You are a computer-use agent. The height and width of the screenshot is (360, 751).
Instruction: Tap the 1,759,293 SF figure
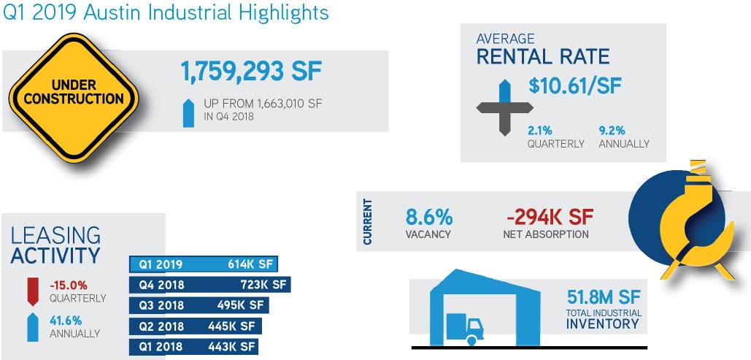click(251, 73)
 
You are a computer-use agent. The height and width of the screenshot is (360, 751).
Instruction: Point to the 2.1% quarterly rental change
click(540, 130)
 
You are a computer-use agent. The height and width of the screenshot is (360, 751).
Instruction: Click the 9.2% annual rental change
click(612, 130)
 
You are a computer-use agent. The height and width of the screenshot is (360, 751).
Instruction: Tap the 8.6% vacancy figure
click(429, 218)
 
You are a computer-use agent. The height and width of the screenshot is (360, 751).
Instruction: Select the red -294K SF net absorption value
click(549, 218)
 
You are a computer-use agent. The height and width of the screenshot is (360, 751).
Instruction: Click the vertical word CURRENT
click(367, 221)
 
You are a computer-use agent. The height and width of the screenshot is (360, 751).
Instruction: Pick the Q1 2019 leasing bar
click(204, 264)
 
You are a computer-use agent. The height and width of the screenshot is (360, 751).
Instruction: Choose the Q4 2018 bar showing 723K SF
click(209, 285)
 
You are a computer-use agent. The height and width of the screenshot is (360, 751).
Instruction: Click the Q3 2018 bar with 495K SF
click(198, 305)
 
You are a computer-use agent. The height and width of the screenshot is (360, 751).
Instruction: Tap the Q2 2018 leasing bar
click(194, 326)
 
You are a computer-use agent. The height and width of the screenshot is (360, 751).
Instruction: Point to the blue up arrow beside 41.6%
click(31, 326)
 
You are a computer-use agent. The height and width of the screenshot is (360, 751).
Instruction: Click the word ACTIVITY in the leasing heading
click(55, 255)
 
